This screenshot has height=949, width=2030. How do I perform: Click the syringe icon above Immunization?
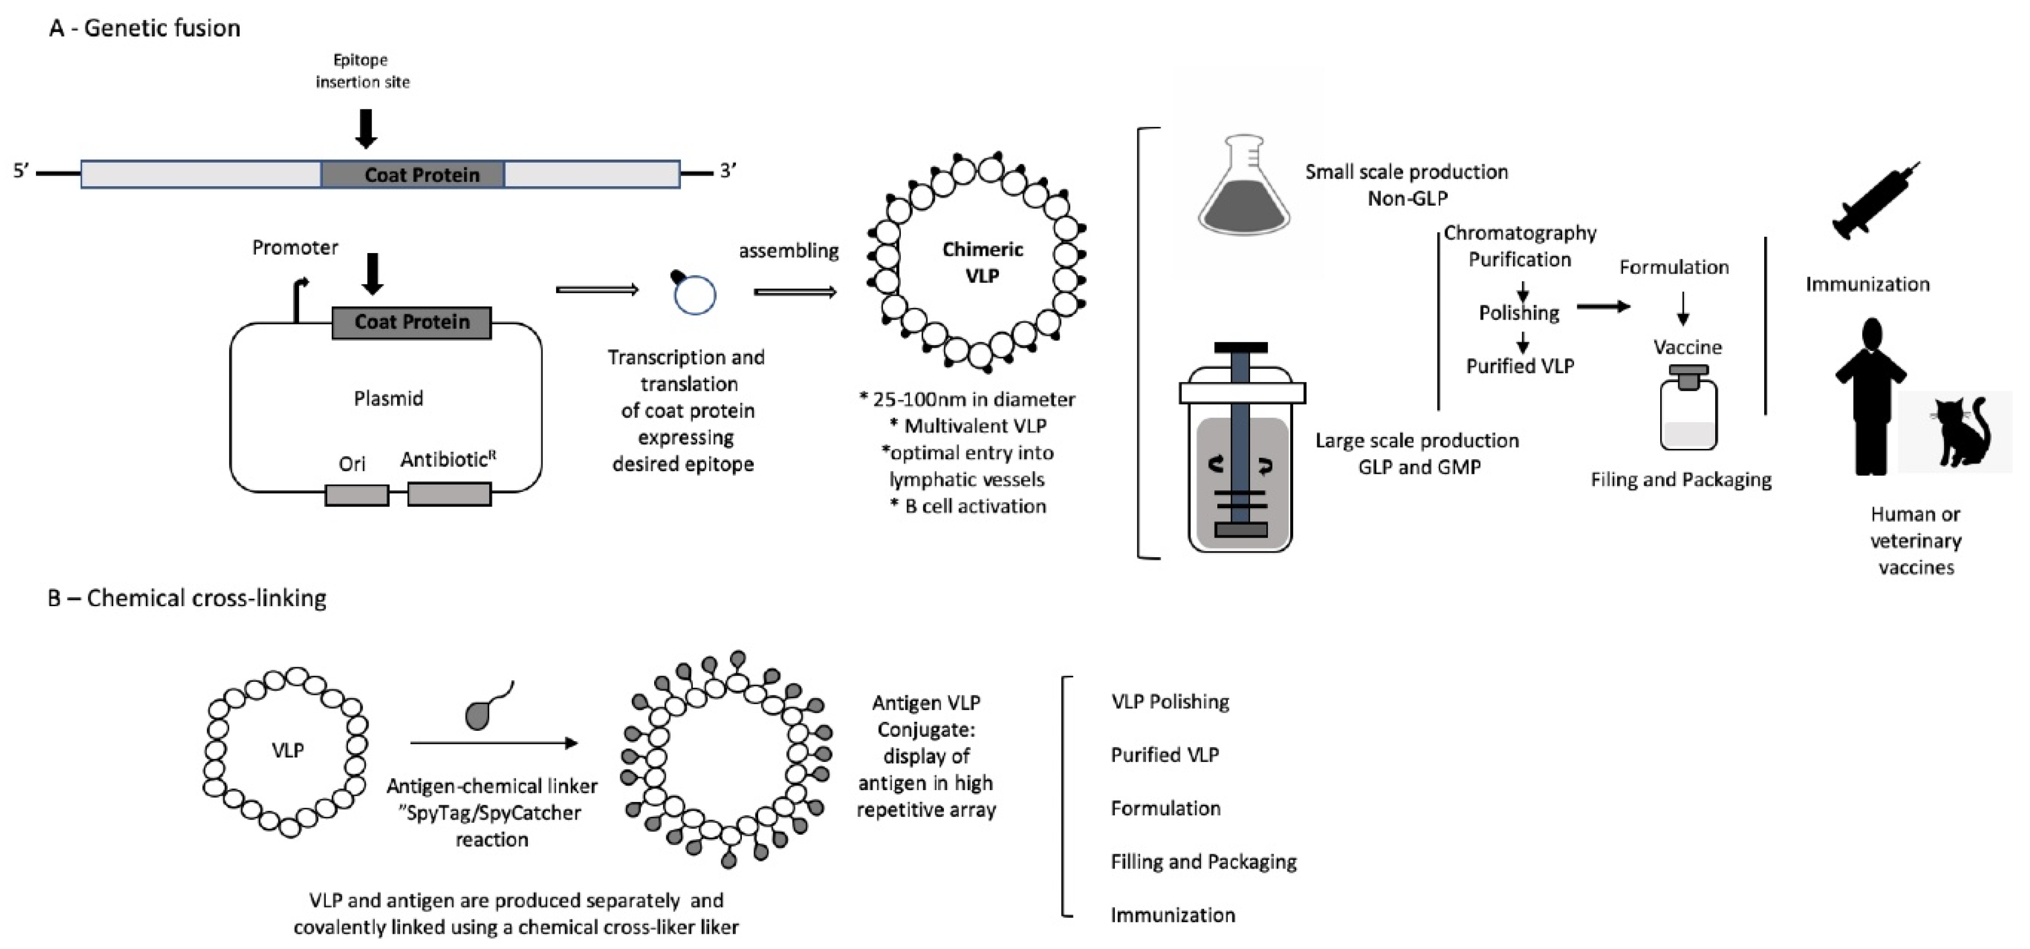(1874, 202)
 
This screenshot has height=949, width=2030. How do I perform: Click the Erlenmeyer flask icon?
(1243, 189)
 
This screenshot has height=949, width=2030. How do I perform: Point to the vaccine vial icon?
(1688, 410)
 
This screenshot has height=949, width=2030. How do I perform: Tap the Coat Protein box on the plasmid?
(411, 322)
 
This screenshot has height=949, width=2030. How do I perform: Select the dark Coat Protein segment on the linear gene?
(412, 174)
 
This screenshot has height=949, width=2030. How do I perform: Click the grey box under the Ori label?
(356, 495)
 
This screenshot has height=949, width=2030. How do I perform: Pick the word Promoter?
(295, 247)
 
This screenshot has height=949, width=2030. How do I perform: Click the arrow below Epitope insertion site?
(365, 128)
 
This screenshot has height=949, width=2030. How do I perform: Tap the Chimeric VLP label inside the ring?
(982, 262)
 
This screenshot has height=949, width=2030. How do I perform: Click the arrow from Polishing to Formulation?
(1602, 306)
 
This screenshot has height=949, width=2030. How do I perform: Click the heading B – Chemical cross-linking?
(187, 598)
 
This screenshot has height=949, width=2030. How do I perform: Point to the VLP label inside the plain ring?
(288, 750)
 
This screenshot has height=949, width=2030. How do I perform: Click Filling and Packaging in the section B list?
(1203, 861)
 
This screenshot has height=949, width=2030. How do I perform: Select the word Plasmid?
(388, 398)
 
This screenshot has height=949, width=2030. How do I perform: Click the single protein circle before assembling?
(694, 295)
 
